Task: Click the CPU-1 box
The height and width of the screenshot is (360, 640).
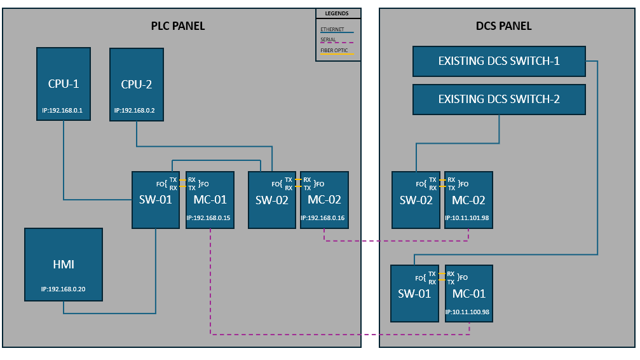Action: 63,83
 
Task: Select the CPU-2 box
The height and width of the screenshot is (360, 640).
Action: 136,83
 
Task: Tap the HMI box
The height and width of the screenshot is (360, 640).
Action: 63,264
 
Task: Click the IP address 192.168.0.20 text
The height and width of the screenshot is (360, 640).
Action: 63,289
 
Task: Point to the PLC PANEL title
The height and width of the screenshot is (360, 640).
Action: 177,26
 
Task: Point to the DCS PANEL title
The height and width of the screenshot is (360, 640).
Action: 503,26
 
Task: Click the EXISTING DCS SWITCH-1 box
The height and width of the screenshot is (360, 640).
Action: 499,62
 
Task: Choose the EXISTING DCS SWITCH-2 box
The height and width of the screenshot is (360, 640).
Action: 499,100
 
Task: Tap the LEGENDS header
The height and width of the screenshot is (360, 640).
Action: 337,13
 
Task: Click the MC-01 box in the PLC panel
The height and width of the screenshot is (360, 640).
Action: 210,199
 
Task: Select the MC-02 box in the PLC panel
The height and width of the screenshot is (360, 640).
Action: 324,199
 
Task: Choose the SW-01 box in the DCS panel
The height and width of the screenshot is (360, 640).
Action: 414,293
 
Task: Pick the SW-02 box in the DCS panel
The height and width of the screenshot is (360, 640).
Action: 416,200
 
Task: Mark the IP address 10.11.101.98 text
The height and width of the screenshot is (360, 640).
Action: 469,218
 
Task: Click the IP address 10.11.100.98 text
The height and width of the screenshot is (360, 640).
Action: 469,312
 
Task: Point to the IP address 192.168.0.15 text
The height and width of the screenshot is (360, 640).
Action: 208,218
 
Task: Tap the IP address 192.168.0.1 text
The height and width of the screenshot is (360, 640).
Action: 62,110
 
